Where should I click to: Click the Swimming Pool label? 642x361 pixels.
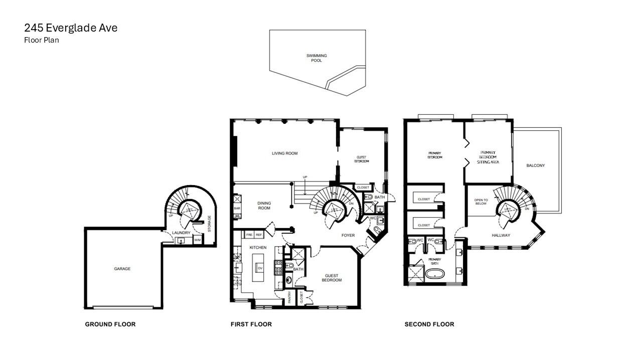click(x=316, y=58)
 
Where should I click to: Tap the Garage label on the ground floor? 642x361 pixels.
click(x=122, y=269)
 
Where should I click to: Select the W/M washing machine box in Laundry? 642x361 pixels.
click(x=197, y=241)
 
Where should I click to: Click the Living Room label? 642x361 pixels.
click(x=285, y=153)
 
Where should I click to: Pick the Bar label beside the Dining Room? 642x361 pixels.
click(x=237, y=208)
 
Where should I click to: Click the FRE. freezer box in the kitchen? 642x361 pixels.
click(x=249, y=235)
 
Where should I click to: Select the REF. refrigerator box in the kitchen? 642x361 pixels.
click(x=259, y=235)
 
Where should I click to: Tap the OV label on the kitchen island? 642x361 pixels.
click(x=260, y=268)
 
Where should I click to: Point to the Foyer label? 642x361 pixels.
click(x=348, y=235)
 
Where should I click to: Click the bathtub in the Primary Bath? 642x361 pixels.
click(x=434, y=274)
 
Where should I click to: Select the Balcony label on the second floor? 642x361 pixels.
click(x=536, y=165)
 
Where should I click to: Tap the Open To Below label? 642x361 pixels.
click(x=481, y=202)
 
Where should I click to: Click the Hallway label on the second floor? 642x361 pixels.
click(x=501, y=235)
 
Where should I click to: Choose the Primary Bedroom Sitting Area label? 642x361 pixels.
click(x=488, y=157)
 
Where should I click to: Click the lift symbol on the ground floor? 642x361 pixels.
click(x=190, y=211)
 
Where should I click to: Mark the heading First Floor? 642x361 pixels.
click(x=251, y=324)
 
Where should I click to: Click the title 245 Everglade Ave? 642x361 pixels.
click(x=71, y=28)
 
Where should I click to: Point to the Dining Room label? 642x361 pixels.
click(x=264, y=206)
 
